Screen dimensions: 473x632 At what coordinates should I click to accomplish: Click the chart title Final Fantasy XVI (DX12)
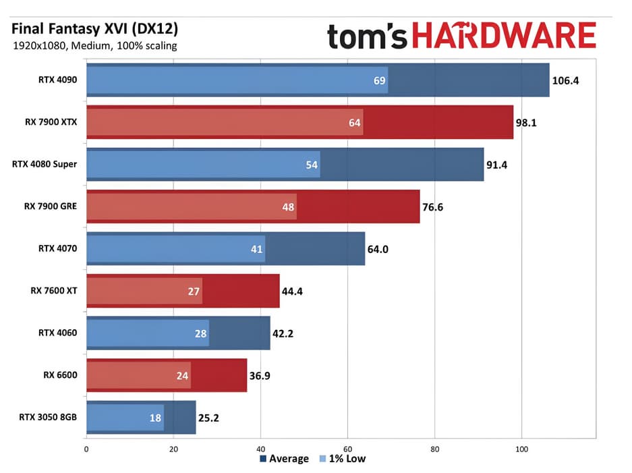[95, 30]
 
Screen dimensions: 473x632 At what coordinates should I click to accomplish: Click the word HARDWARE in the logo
[504, 35]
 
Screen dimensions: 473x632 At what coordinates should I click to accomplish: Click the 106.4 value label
[566, 81]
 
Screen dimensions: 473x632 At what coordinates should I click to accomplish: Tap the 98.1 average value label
[527, 123]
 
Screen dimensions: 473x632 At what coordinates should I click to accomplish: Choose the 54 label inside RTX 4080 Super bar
[312, 165]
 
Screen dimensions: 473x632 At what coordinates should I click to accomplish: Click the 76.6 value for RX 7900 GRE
[434, 207]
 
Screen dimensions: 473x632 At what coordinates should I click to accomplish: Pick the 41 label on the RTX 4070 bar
[256, 249]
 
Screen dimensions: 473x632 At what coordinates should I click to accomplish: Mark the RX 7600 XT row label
[53, 291]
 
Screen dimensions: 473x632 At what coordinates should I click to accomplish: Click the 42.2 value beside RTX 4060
[284, 334]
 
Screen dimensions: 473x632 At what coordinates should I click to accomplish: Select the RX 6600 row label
[59, 375]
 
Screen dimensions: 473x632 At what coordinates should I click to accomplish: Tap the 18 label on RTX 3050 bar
[155, 418]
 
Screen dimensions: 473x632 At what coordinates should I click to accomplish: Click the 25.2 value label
[209, 418]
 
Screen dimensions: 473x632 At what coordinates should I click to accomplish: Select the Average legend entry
[284, 459]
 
